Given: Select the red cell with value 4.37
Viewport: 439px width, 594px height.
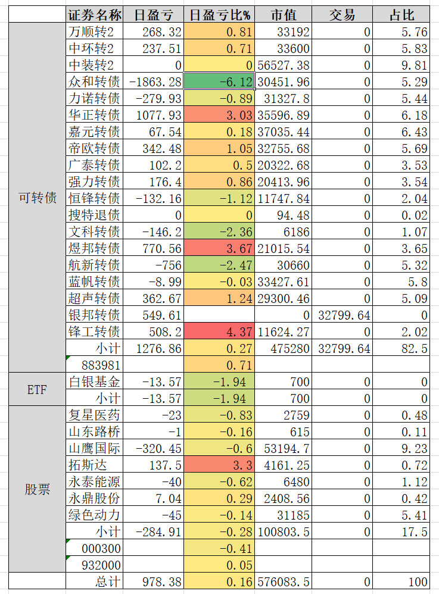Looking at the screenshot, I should pos(219,332).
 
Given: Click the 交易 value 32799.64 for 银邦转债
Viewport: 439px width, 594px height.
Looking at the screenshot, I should pos(343,315).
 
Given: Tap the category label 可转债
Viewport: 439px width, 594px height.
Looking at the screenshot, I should pos(38,198).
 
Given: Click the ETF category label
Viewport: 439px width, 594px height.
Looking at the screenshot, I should pos(38,390).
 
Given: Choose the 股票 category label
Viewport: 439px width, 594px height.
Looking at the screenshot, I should pos(38,490).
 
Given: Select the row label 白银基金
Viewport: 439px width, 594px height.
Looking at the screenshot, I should pos(94,382).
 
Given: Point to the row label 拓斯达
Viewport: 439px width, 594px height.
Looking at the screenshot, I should pos(87,465).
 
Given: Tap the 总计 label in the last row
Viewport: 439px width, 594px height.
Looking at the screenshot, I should pos(107,582).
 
